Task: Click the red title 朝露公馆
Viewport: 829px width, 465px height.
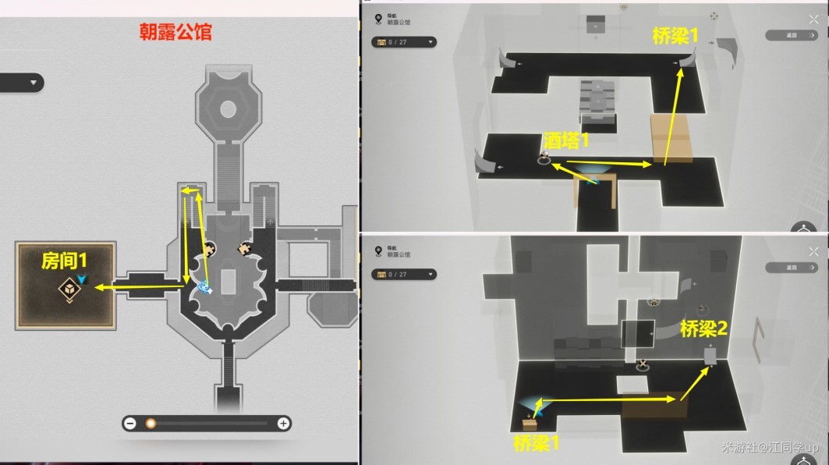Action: (x=175, y=33)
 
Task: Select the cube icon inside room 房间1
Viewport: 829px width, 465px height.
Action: (x=69, y=288)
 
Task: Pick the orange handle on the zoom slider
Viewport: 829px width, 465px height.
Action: (x=151, y=424)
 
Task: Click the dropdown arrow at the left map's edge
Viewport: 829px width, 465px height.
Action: (x=33, y=83)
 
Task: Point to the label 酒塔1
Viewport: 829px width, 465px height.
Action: (x=566, y=140)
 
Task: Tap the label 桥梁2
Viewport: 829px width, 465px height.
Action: (x=703, y=329)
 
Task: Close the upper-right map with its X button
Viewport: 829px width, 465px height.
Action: (x=813, y=10)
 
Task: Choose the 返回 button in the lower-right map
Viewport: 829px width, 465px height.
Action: (x=791, y=267)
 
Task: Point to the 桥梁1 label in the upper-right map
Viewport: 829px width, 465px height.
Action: (x=675, y=34)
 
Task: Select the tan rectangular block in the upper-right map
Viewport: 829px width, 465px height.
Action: (x=671, y=138)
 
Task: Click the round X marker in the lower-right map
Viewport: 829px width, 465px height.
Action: (x=642, y=364)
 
